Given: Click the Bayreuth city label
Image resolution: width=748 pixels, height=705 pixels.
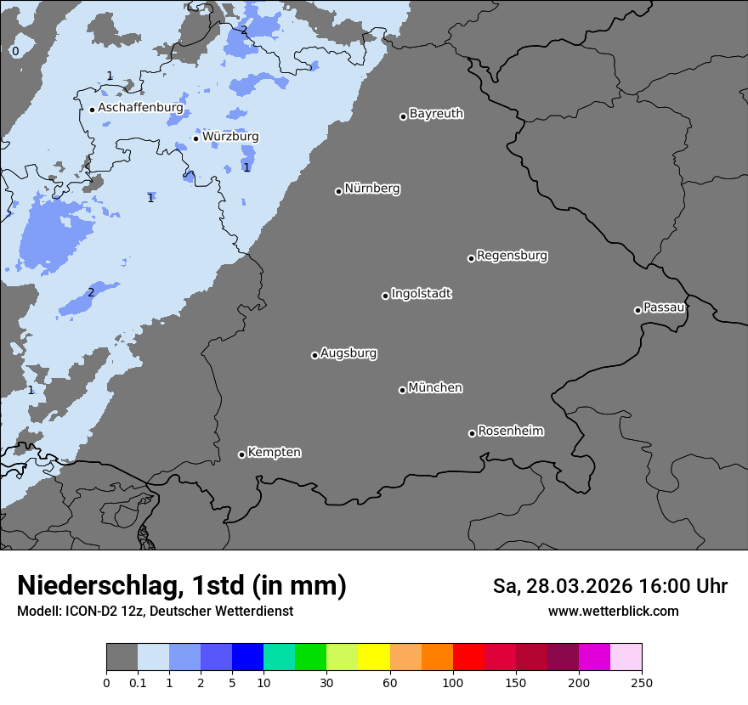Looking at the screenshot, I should click(436, 114).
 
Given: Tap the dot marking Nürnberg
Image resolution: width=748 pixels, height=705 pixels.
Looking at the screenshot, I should click(338, 191).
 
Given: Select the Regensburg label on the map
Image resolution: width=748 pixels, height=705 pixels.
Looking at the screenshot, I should click(512, 256).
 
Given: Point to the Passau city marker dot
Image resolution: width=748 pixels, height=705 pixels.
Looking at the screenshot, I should click(637, 310).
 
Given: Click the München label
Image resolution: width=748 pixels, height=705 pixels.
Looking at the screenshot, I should click(435, 388).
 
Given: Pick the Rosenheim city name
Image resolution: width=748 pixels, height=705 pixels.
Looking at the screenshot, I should click(510, 431).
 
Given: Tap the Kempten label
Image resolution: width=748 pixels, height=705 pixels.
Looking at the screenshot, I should click(274, 453).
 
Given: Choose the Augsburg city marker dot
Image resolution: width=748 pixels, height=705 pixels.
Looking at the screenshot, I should click(314, 355).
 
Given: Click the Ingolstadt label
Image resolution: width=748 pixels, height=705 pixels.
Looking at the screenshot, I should click(422, 294).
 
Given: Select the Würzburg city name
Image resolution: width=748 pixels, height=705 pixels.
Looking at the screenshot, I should click(230, 137).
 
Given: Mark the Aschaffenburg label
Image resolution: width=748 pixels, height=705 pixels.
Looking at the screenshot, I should click(140, 108).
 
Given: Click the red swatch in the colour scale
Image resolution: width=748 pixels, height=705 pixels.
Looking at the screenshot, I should click(468, 657).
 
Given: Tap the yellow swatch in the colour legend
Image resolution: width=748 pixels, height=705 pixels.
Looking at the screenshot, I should click(373, 657).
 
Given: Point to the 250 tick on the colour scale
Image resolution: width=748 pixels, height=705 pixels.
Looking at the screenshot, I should click(642, 682).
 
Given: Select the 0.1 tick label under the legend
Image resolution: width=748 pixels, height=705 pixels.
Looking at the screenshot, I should click(138, 682).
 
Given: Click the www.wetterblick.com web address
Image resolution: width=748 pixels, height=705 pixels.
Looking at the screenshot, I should click(613, 611).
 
